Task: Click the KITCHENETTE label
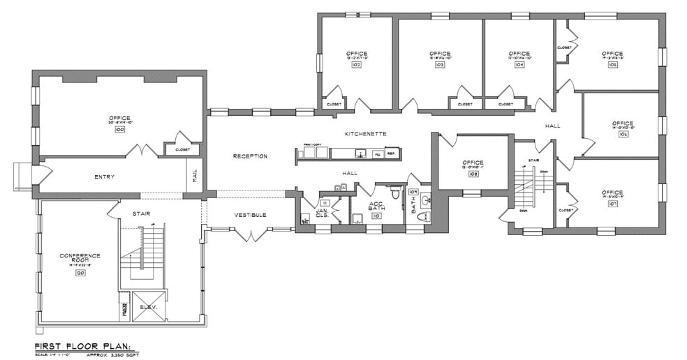point(365,133)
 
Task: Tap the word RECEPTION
point(250,156)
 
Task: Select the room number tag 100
point(119,129)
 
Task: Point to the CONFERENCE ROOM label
point(80,258)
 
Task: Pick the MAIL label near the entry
point(195,177)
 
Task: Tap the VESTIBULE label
point(250,215)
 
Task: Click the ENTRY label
point(104,177)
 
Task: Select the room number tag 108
point(473,174)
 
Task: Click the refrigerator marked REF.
point(392,153)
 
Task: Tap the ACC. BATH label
point(376,207)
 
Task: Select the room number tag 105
point(613,64)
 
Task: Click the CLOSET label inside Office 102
point(333,105)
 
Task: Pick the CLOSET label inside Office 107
point(566,210)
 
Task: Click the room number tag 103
point(440,64)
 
